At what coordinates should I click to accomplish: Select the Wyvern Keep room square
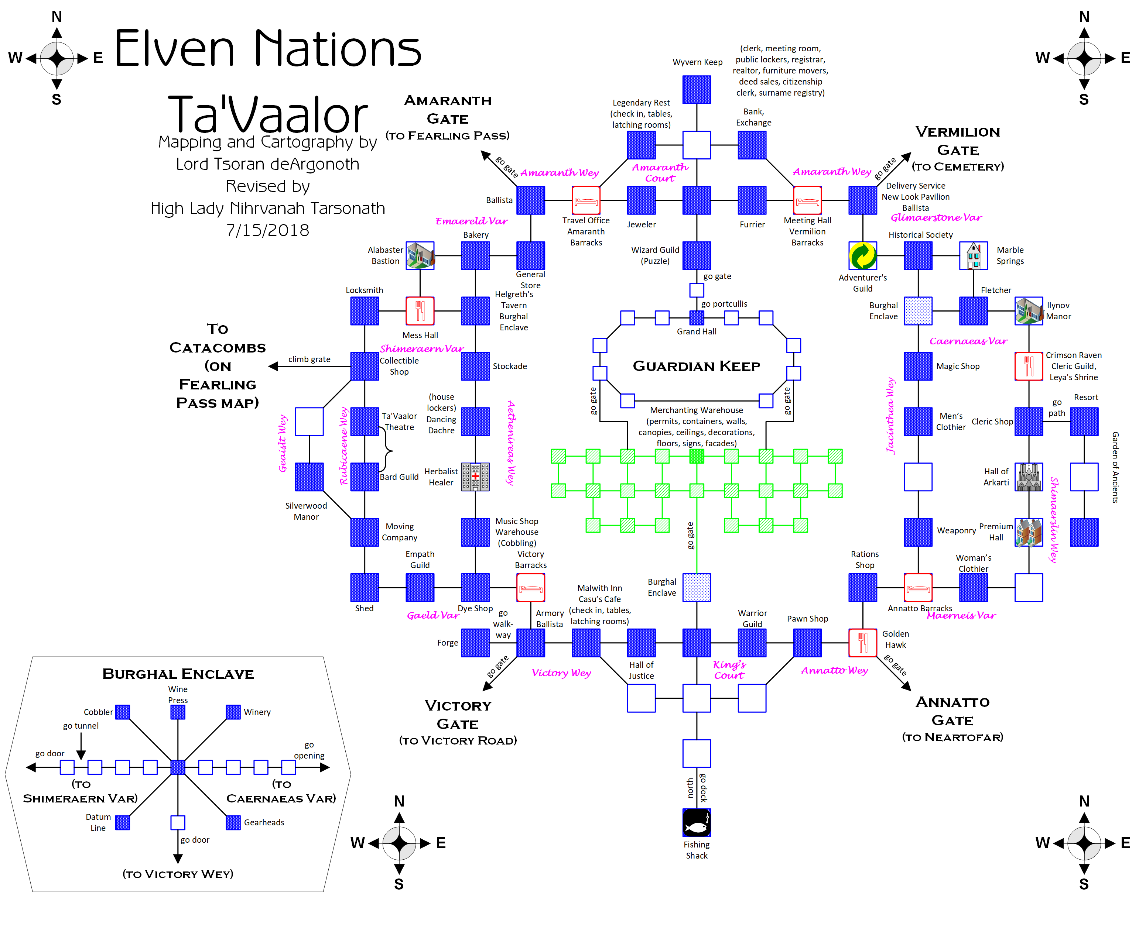point(696,90)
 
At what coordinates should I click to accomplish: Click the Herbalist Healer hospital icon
point(475,477)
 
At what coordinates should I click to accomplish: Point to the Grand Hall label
point(696,331)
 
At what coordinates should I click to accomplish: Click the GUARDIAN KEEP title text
point(696,366)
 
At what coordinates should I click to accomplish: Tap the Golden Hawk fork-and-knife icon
point(862,643)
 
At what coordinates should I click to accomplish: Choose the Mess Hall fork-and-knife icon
point(420,311)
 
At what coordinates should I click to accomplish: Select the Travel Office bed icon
point(585,200)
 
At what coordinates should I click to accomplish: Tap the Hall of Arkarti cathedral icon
point(1028,477)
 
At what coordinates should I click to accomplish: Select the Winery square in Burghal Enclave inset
point(233,712)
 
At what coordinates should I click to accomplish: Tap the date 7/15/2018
point(267,230)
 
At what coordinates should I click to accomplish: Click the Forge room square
point(475,643)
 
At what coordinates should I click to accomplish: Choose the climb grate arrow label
point(309,359)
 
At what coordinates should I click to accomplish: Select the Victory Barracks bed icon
point(530,587)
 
